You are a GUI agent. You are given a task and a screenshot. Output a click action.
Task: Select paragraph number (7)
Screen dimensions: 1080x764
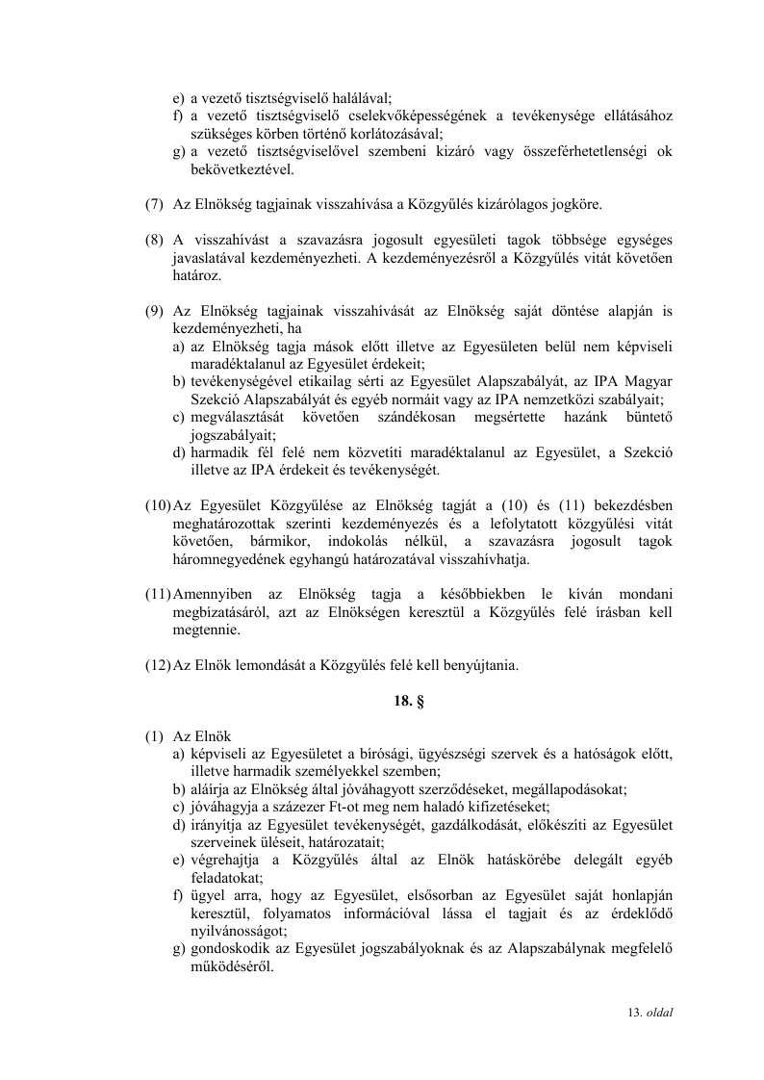click(154, 205)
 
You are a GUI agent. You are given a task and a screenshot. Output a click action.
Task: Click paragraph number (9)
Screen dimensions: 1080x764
click(154, 311)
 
